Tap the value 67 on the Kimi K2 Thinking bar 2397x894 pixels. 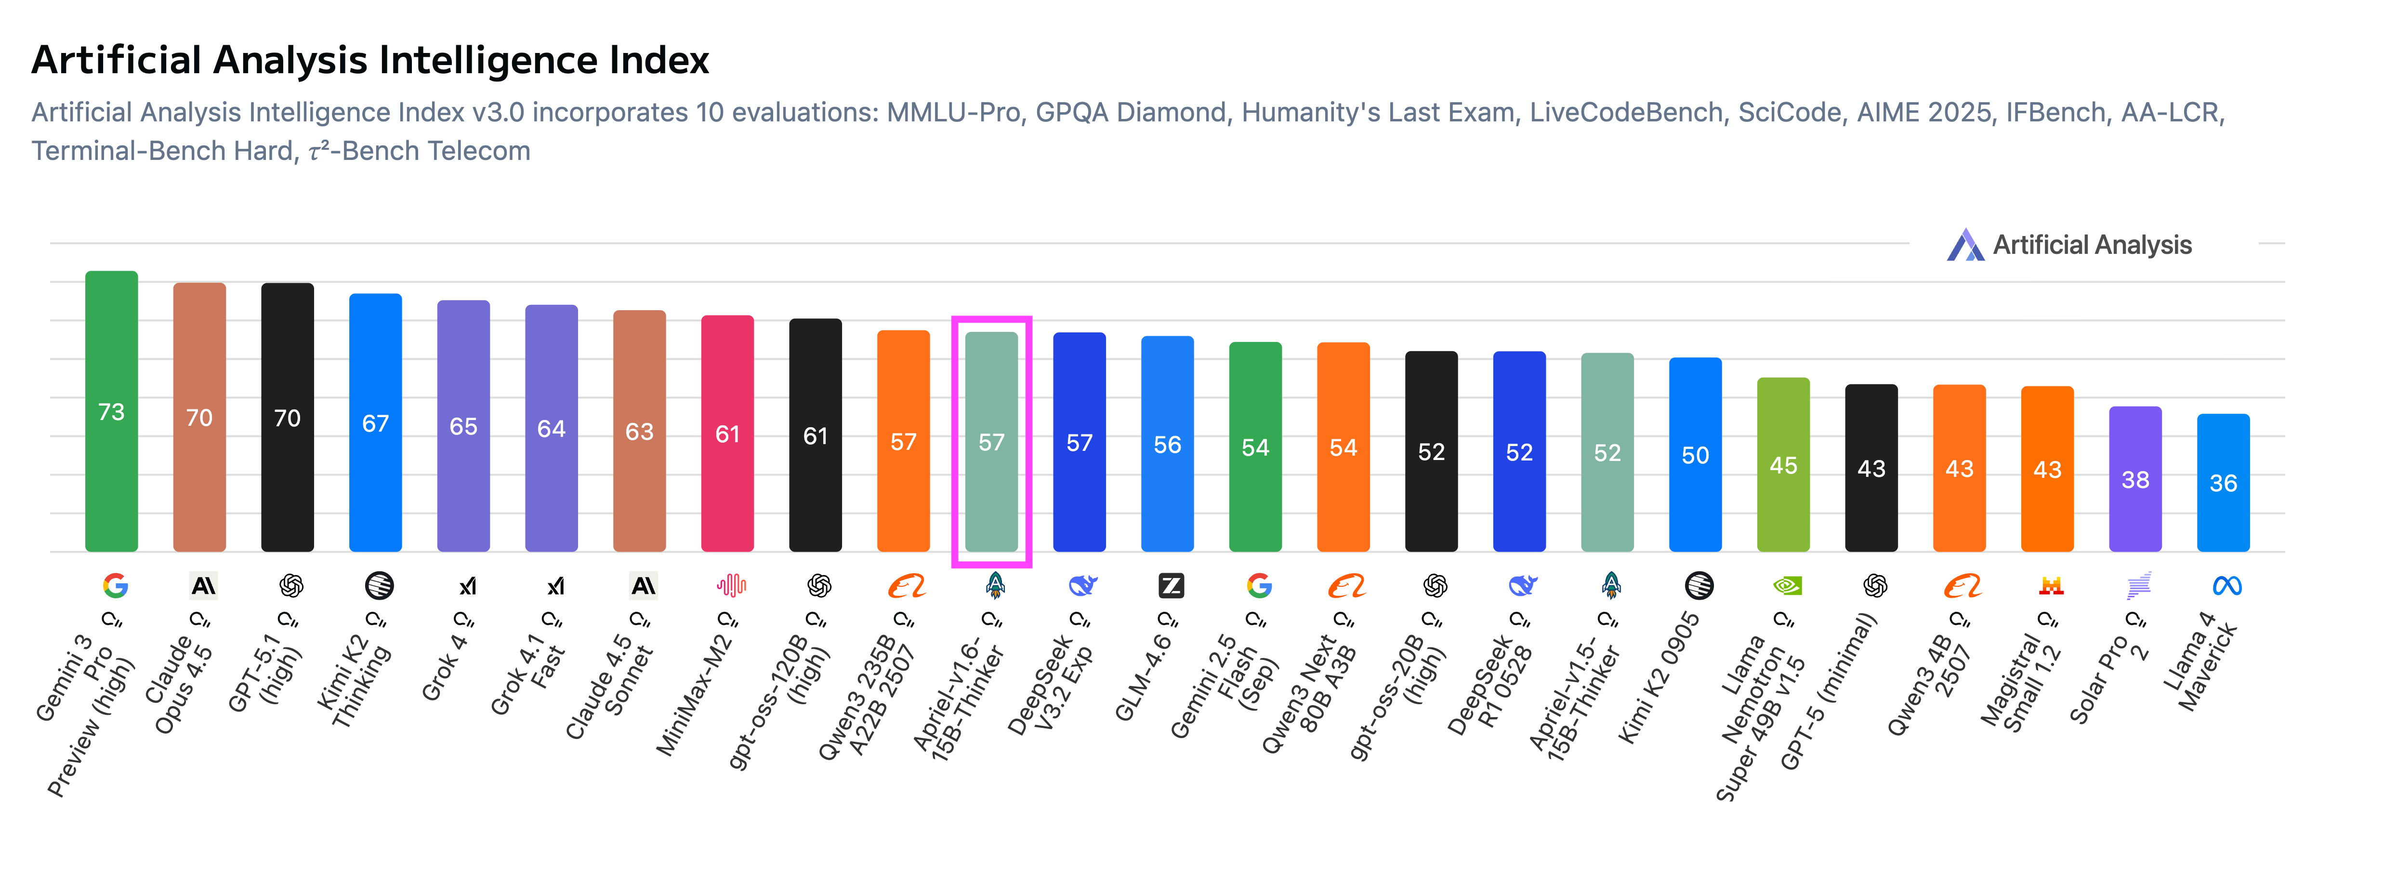[375, 424]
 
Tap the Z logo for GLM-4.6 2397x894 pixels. [1171, 586]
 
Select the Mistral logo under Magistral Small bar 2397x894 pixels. [2051, 586]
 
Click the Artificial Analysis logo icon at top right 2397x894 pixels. [1965, 246]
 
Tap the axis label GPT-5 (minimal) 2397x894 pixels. [1829, 693]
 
